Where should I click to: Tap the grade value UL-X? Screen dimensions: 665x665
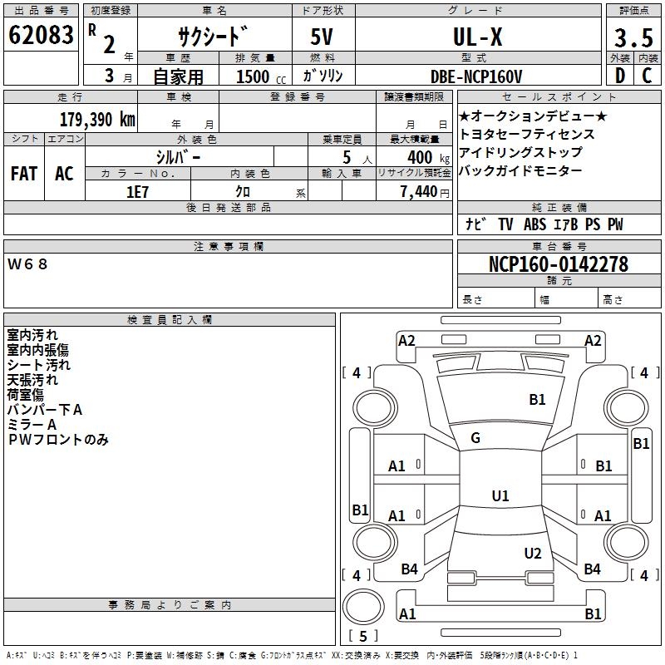coord(476,37)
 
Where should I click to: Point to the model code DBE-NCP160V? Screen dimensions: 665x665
coord(476,76)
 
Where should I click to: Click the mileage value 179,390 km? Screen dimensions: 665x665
coord(97,119)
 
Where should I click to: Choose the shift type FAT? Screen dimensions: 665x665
coord(23,173)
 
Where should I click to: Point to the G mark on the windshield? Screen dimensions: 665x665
coord(475,438)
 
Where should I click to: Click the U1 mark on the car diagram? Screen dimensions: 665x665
coord(500,496)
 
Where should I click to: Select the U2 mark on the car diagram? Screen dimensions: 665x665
coord(533,554)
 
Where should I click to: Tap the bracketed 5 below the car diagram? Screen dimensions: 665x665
coord(363,637)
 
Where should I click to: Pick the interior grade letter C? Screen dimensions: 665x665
coord(647,76)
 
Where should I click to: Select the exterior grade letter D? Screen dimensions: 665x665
coord(619,76)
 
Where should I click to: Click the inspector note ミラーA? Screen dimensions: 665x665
coord(32,425)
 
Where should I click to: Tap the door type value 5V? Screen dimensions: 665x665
coord(323,37)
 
